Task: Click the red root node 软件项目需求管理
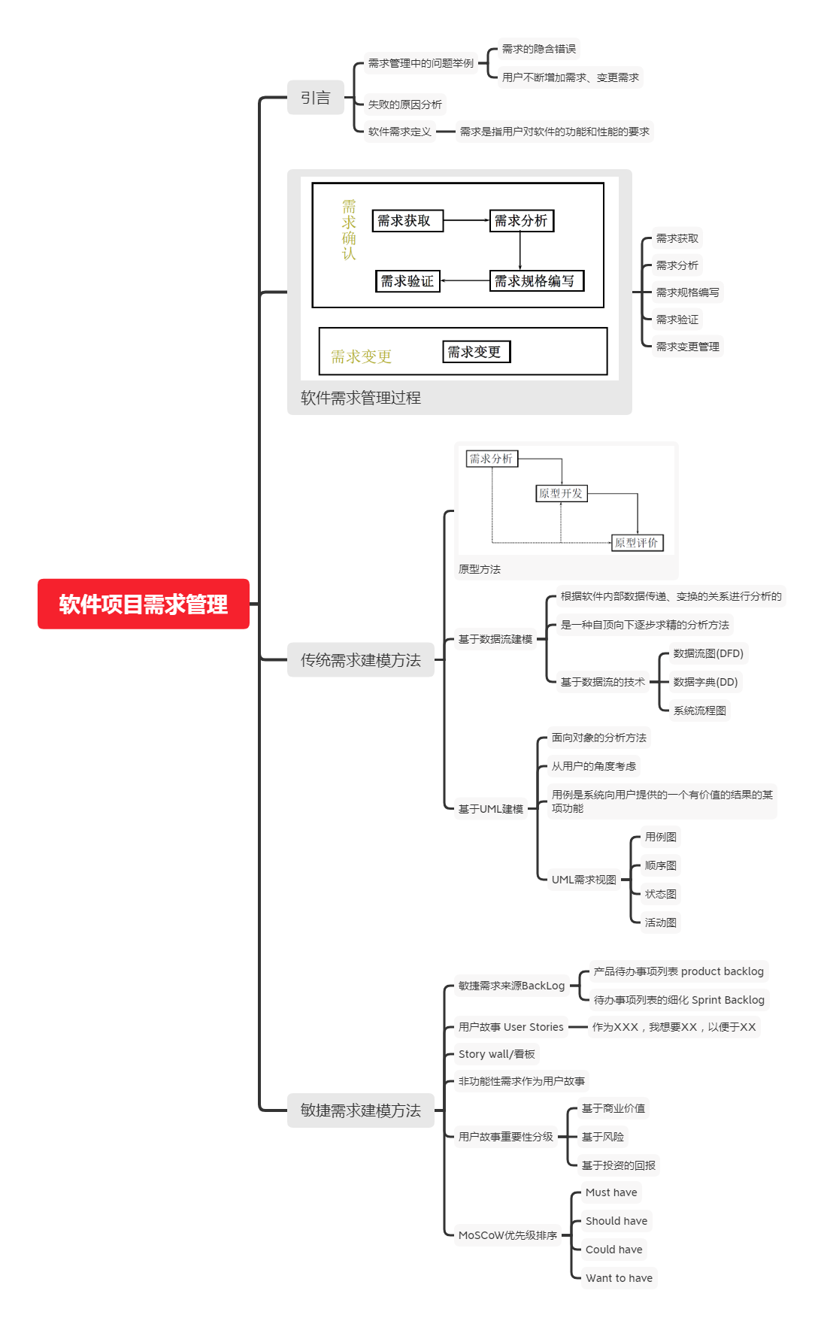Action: (x=143, y=604)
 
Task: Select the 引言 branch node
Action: (x=315, y=98)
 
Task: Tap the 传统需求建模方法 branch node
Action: (x=360, y=660)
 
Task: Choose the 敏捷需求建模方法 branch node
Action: (x=360, y=1110)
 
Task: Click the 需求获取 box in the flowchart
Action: (x=407, y=220)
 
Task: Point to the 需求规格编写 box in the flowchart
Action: (x=536, y=281)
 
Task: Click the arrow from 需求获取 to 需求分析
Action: (x=466, y=220)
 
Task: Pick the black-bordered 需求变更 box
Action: (x=476, y=352)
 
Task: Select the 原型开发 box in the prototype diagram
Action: (x=561, y=493)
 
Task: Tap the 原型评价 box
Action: (x=637, y=542)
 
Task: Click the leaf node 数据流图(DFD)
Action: (x=708, y=653)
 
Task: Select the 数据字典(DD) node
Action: (x=705, y=682)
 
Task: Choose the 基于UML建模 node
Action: (x=490, y=809)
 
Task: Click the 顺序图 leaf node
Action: (x=660, y=865)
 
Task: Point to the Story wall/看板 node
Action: (x=496, y=1054)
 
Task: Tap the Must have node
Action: (x=611, y=1192)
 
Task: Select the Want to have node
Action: (x=619, y=1278)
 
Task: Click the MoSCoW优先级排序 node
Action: (x=507, y=1235)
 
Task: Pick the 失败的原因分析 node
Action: (x=404, y=105)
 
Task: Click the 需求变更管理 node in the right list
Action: (x=687, y=347)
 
